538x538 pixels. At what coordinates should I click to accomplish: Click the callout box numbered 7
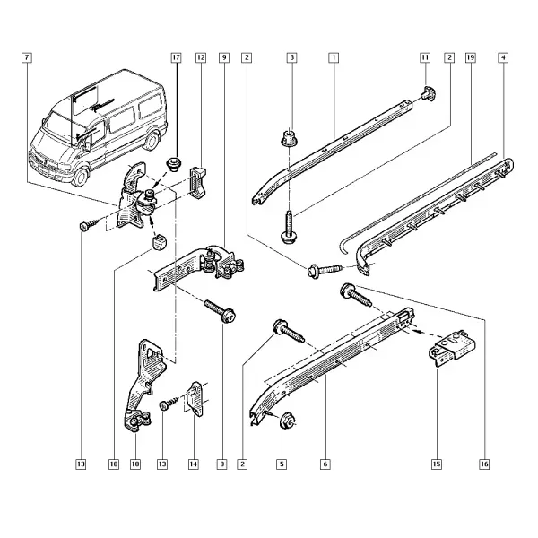(x=26, y=57)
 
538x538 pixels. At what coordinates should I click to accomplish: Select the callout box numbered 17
(x=176, y=57)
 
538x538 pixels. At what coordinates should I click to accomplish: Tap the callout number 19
(x=471, y=57)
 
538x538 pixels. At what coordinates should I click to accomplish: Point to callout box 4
(x=503, y=57)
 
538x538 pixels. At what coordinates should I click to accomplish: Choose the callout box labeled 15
(x=437, y=464)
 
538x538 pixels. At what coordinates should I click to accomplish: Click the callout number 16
(x=484, y=464)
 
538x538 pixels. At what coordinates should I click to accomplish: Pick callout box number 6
(x=325, y=464)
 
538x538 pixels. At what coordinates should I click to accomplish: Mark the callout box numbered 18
(x=114, y=464)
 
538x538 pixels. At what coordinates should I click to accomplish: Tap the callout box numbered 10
(x=135, y=464)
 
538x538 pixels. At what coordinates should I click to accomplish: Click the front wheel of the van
(x=82, y=177)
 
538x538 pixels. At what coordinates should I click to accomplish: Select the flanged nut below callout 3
(x=290, y=138)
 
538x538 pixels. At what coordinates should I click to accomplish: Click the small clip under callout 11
(x=429, y=93)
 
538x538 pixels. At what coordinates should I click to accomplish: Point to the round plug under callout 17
(x=174, y=164)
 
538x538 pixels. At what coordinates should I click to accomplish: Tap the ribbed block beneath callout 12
(x=199, y=183)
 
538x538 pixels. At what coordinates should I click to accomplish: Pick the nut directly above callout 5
(x=287, y=421)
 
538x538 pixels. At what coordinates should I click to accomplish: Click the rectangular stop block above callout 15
(x=453, y=347)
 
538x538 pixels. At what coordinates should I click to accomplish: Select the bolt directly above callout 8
(x=220, y=311)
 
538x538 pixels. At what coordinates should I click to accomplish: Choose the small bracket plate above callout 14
(x=195, y=399)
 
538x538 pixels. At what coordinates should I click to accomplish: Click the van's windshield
(x=60, y=125)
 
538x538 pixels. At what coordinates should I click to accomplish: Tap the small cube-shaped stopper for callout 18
(x=158, y=242)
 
